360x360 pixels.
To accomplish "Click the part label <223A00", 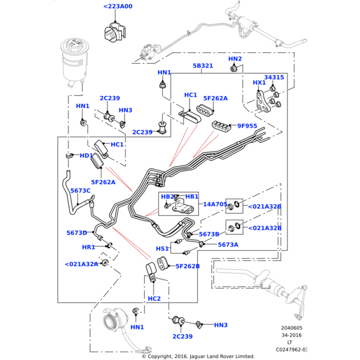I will (118, 7).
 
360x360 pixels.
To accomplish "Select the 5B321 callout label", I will (203, 66).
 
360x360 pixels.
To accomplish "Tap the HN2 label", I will (235, 59).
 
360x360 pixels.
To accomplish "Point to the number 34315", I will (274, 77).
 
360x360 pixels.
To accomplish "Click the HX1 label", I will (259, 83).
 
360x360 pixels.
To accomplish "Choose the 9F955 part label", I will (247, 126).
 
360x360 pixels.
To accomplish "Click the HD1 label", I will (86, 156).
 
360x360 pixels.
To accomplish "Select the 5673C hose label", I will (80, 191).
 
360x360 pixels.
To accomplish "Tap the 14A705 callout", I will (214, 205).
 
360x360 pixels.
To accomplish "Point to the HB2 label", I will (167, 197).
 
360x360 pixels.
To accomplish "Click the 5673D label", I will (77, 233).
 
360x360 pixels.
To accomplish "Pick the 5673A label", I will (228, 245).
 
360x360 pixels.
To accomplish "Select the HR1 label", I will (88, 247).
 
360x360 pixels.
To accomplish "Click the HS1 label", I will (163, 248).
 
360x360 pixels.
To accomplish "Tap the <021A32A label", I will (81, 264).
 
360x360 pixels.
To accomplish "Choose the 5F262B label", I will (187, 266).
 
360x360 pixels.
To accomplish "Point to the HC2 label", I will (154, 298).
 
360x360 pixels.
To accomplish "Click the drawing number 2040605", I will (292, 329).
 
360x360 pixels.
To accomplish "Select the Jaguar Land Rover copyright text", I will (198, 356).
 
